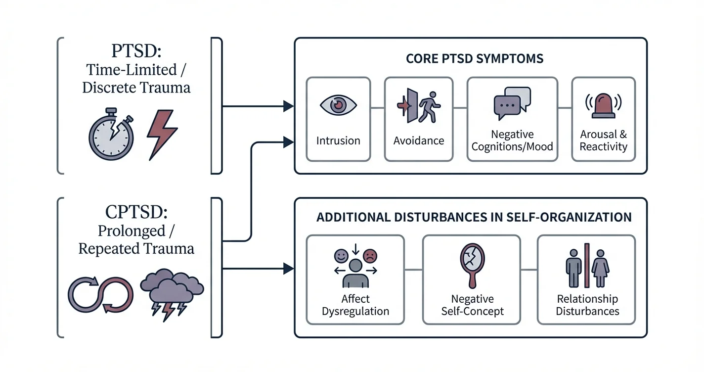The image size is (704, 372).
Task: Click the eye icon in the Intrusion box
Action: point(338,105)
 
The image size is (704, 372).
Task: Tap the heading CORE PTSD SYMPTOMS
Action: point(475,58)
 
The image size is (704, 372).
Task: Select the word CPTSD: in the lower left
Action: point(136,212)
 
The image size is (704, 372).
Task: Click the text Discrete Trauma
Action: point(136,88)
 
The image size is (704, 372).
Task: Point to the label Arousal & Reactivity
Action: point(603,140)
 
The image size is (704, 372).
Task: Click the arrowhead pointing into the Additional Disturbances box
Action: point(288,269)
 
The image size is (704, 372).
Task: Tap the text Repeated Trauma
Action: point(136,248)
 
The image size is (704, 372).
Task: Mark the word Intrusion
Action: point(338,140)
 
